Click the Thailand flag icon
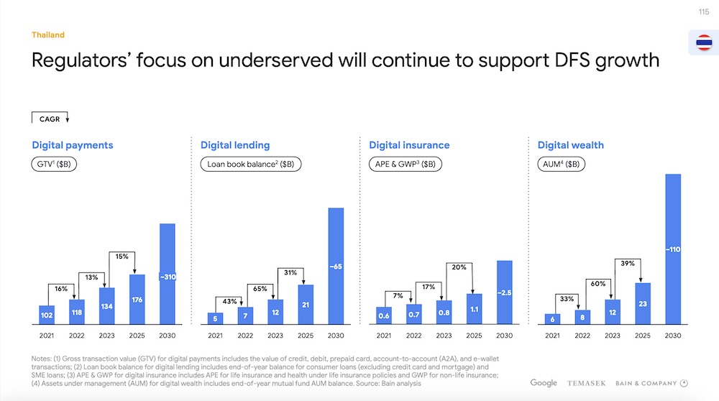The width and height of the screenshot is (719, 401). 704,43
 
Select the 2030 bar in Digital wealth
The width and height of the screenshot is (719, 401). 673,249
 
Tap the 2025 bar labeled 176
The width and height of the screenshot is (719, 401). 137,298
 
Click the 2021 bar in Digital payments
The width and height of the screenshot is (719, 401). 47,314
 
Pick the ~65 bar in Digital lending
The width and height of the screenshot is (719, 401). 336,266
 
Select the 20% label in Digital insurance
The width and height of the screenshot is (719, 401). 459,267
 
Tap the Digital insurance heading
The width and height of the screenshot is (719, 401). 409,145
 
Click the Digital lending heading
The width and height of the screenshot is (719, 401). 235,145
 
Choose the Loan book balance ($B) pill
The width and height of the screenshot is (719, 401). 250,164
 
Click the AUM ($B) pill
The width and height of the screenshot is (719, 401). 562,164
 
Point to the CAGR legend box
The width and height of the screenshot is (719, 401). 50,119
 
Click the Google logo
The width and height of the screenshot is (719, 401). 544,383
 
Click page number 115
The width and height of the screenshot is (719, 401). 704,11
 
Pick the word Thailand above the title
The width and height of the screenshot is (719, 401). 48,35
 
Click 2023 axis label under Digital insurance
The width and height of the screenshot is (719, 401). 444,336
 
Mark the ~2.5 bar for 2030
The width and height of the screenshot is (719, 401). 504,292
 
